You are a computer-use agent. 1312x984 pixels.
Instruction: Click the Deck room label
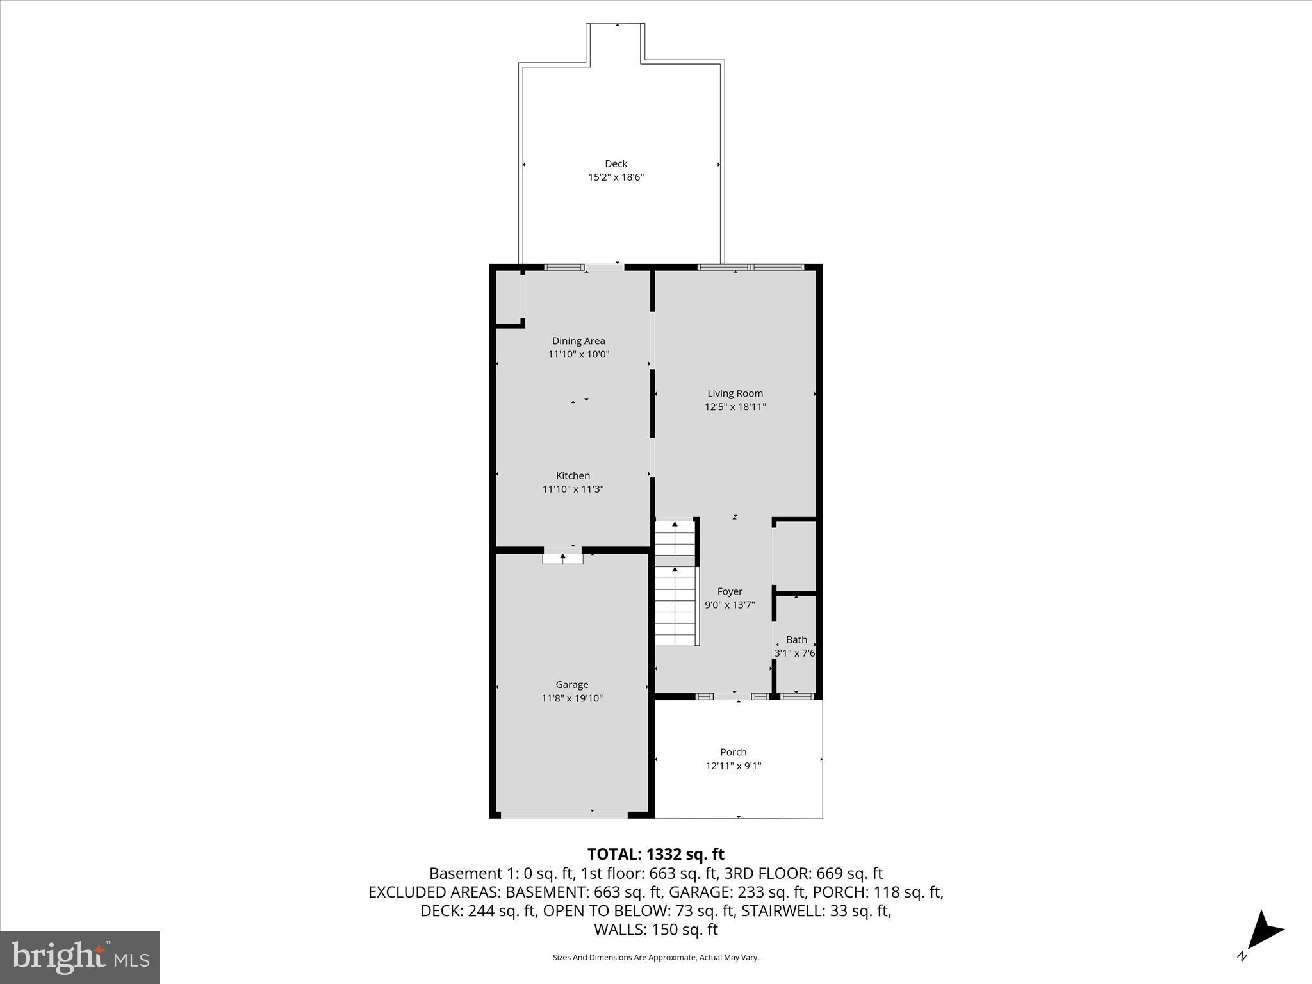point(616,163)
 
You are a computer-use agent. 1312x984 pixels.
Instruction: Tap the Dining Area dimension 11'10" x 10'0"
point(578,354)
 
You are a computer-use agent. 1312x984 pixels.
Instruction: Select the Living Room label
point(735,393)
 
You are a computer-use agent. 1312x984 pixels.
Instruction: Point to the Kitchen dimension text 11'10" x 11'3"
point(573,489)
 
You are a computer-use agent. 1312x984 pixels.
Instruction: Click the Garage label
point(571,684)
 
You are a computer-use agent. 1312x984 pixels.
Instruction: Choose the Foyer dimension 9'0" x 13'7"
point(730,605)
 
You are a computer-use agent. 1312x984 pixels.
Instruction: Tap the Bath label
point(796,639)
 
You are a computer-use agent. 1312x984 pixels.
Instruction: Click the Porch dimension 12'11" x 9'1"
point(733,766)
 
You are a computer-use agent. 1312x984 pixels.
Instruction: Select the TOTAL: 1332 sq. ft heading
point(655,854)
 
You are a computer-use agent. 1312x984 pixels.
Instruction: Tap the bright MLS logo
point(80,957)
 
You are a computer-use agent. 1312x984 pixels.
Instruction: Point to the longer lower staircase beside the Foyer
point(675,606)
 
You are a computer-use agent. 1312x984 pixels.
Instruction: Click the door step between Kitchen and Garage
point(562,559)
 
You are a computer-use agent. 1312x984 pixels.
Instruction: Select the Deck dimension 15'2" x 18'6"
point(616,177)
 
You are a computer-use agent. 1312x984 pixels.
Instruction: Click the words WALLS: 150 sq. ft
point(655,930)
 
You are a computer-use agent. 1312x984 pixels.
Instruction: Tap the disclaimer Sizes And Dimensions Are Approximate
point(655,958)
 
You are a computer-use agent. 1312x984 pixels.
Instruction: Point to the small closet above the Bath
point(796,555)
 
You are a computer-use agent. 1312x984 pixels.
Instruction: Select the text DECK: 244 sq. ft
point(478,910)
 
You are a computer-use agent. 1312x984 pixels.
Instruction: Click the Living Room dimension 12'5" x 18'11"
point(735,407)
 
